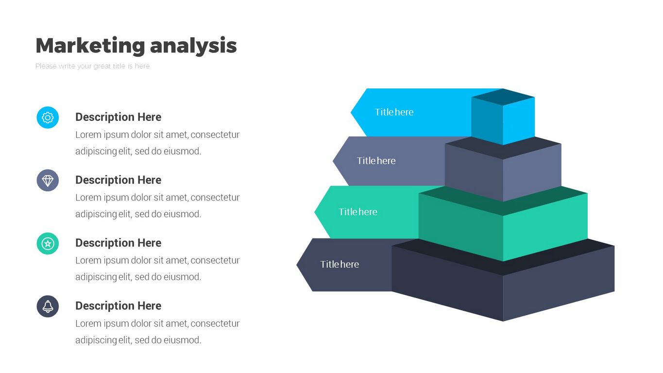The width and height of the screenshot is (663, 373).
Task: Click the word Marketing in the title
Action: point(90,46)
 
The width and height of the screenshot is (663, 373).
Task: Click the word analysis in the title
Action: point(193,46)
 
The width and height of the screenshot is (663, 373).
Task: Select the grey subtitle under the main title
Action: point(92,66)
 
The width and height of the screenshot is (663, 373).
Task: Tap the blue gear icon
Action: point(48,118)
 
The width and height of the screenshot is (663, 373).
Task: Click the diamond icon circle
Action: point(48,181)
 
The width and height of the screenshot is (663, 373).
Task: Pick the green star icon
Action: point(48,243)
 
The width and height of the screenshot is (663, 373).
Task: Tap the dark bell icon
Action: point(48,306)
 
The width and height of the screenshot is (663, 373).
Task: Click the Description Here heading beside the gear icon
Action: point(118,117)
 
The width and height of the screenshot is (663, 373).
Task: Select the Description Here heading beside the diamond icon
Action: point(118,180)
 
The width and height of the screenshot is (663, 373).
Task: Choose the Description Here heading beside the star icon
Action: point(118,243)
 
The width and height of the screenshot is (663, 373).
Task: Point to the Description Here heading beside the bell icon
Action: point(118,306)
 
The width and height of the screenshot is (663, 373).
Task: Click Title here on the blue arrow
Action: point(394,112)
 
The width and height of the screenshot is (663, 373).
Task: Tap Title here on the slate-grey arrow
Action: point(376,161)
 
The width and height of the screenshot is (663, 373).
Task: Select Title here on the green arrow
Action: point(358,212)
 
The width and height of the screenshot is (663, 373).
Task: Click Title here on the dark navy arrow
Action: point(340,264)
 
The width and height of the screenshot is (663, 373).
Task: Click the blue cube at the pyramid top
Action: point(503,118)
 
